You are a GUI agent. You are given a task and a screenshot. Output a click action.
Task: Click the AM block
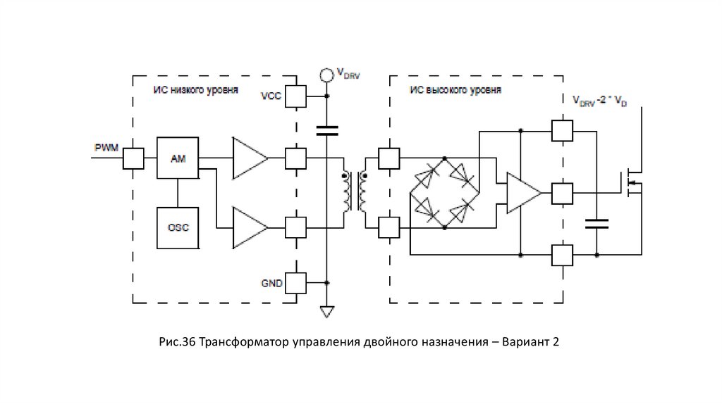click(178, 158)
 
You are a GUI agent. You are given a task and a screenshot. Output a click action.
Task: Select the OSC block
click(178, 227)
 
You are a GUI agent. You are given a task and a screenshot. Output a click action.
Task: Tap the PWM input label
click(107, 147)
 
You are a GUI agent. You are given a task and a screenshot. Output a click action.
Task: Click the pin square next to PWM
click(133, 158)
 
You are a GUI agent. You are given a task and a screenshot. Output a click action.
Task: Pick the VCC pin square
click(296, 96)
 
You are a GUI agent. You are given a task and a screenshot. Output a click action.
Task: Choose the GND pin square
click(296, 283)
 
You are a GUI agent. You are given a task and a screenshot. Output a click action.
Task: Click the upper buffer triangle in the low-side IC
click(250, 158)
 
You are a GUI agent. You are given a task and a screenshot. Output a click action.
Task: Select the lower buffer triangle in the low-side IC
click(250, 227)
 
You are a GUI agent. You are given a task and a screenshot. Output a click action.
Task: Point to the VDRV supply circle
click(326, 74)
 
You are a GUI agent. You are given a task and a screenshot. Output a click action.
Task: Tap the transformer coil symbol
click(355, 192)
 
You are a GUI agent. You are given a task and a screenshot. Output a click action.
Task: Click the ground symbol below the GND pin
click(326, 310)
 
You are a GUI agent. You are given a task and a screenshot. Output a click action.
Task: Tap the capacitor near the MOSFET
click(596, 224)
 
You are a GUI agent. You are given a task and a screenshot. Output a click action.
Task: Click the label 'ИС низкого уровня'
click(195, 90)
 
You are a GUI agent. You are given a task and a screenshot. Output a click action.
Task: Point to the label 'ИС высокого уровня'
click(455, 90)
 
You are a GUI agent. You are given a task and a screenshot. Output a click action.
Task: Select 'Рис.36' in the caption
click(177, 343)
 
